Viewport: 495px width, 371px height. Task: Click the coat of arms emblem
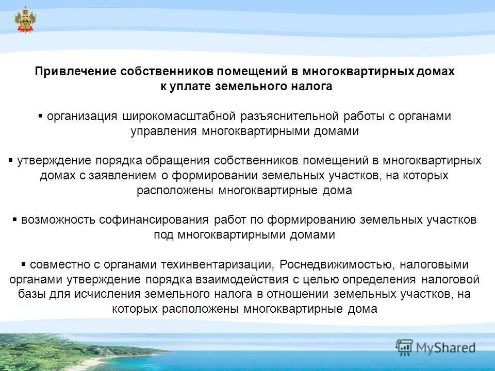point(24,20)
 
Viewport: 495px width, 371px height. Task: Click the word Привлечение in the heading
point(75,72)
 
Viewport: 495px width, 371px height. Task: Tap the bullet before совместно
point(24,264)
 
